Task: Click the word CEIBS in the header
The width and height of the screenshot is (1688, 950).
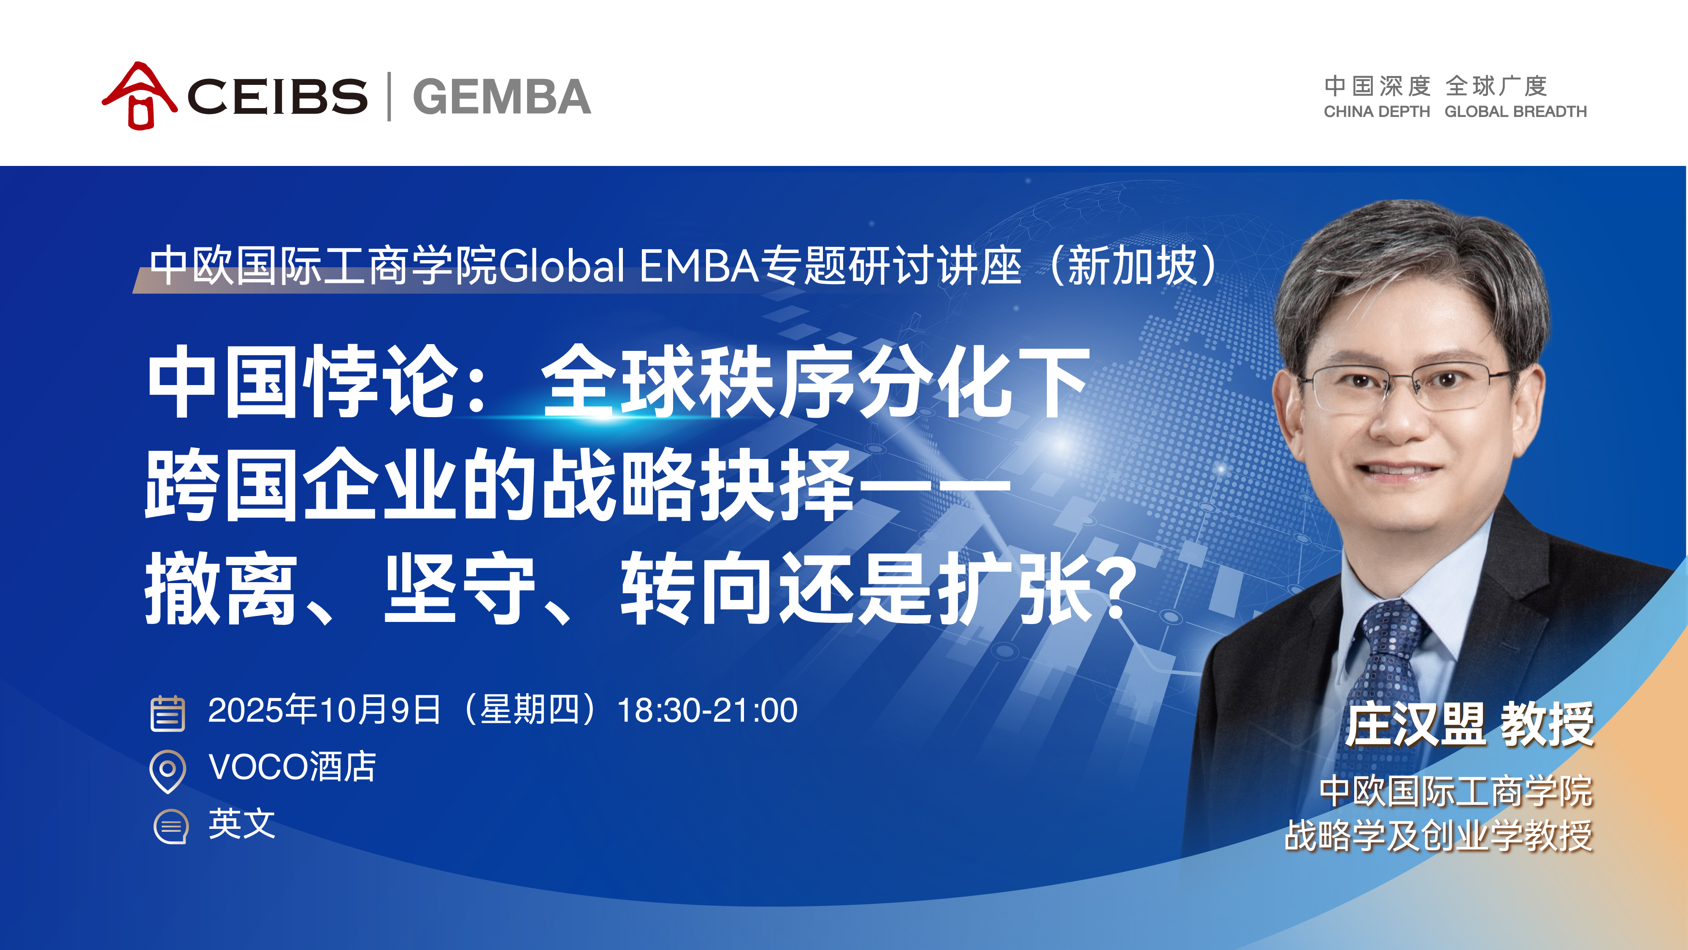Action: (x=277, y=96)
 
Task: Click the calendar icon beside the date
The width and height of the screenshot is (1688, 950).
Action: (x=168, y=713)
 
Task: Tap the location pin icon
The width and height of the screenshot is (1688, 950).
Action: (x=168, y=771)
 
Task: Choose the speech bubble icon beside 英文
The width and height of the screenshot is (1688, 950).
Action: (x=170, y=827)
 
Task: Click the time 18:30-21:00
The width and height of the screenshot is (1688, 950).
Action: (x=708, y=710)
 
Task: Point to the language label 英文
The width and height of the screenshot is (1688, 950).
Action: (x=242, y=823)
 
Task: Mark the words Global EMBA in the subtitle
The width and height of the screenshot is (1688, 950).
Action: (x=628, y=266)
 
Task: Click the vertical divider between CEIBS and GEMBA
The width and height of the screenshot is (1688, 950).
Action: (x=390, y=96)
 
